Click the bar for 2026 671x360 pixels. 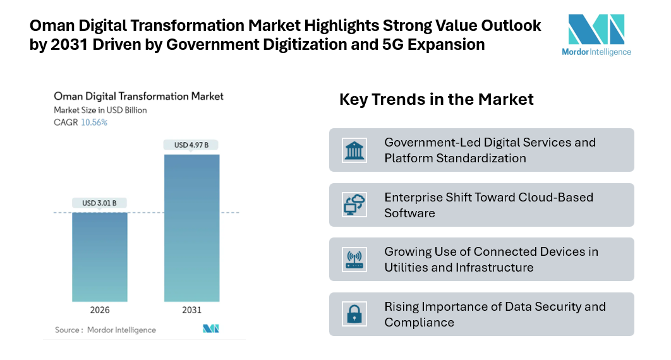pyautogui.click(x=100, y=256)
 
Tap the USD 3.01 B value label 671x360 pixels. pyautogui.click(x=100, y=203)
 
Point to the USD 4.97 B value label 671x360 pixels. pyautogui.click(x=191, y=145)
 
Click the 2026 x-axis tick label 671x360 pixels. pyautogui.click(x=100, y=310)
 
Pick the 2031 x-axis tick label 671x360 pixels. pyautogui.click(x=191, y=310)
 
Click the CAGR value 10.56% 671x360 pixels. pyautogui.click(x=94, y=123)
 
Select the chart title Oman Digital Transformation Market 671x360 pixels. pyautogui.click(x=138, y=97)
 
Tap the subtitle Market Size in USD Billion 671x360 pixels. pyautogui.click(x=100, y=110)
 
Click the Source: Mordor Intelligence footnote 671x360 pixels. pyautogui.click(x=105, y=330)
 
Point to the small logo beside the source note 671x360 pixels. pyautogui.click(x=210, y=328)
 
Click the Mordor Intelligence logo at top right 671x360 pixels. pyautogui.click(x=596, y=35)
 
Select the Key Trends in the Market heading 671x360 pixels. pyautogui.click(x=437, y=99)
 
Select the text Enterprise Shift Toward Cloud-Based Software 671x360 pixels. pyautogui.click(x=488, y=205)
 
